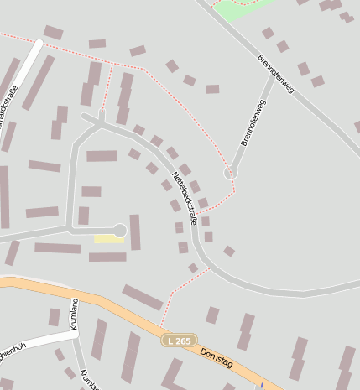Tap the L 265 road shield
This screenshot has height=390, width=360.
(178, 341)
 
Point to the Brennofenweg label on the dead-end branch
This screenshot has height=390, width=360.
(253, 122)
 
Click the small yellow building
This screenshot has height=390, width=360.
(107, 239)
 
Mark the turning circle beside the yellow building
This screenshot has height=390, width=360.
(120, 230)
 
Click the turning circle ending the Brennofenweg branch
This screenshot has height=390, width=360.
(230, 173)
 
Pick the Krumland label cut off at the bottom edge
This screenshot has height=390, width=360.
(88, 380)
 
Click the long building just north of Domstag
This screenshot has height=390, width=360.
(143, 297)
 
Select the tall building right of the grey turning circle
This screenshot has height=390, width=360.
(135, 232)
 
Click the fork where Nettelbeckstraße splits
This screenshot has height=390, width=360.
(101, 126)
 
